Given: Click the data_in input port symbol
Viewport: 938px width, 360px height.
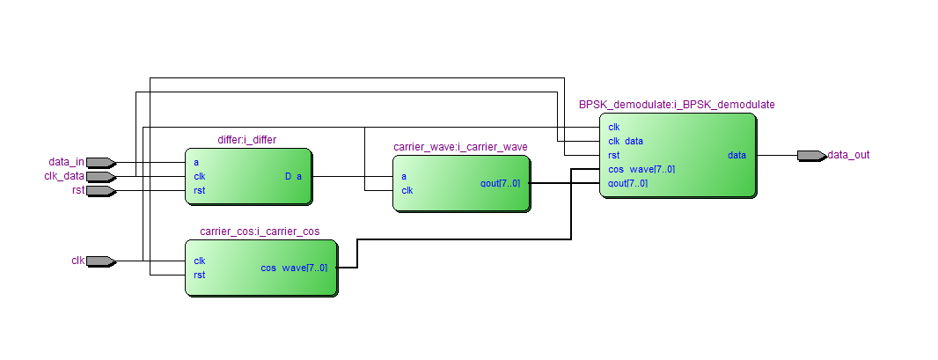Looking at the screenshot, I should coord(100,162).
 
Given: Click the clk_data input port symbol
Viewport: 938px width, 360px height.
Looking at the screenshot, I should coord(100,176).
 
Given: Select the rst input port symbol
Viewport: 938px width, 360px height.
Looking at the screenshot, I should coord(100,190).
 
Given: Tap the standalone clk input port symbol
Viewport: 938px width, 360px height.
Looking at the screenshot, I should coord(100,261).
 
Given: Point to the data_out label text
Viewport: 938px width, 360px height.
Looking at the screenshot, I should coord(848,155).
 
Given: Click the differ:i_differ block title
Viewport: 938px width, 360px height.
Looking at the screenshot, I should coord(247,140).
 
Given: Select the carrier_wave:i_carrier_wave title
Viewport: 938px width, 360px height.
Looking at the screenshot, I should coord(460,146).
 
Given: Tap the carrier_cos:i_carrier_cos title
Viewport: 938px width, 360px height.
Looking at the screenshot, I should coord(260,231).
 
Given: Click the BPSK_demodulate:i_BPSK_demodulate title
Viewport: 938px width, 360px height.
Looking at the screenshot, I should coord(677,104).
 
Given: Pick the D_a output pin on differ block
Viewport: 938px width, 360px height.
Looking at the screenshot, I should coord(293,176).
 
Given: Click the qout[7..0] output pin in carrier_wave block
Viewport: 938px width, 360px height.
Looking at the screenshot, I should coord(500,183).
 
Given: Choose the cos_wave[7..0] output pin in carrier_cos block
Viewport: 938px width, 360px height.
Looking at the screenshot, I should coord(294,268).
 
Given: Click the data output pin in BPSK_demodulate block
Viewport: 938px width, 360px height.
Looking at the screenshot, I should coord(736,155).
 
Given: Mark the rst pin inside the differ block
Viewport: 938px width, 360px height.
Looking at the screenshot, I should coord(199,190).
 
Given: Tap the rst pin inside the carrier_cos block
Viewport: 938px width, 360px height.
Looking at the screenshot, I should coord(199,275).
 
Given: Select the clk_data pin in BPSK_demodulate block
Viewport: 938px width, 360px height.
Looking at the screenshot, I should coord(625,141).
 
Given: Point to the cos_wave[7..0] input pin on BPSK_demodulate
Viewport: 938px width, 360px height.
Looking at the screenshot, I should coord(641,169).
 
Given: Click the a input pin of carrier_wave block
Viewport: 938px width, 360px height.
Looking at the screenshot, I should coord(404,176).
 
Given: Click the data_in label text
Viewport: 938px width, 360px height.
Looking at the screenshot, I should coord(66,162).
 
